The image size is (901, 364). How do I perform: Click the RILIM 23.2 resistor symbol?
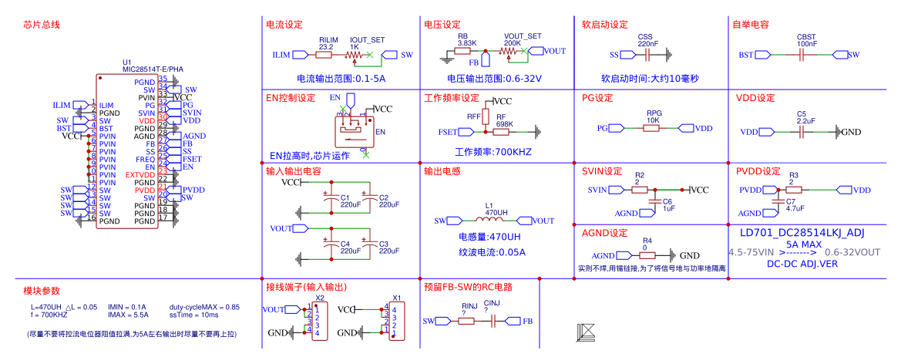pos(325,55)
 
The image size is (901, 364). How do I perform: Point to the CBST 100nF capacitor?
pos(806,55)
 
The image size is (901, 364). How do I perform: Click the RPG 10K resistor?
pos(652,128)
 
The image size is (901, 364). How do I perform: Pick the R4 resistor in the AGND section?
pos(647,255)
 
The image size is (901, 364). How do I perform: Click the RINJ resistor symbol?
pos(467,321)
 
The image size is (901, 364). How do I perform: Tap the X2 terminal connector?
pos(319,321)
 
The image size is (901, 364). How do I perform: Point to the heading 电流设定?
pos(284,25)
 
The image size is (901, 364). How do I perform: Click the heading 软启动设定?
pos(605,25)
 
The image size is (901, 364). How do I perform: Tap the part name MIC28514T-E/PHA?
pos(153,69)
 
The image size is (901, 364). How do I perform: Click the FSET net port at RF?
pos(447,132)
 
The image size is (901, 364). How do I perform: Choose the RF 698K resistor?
pos(506,132)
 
